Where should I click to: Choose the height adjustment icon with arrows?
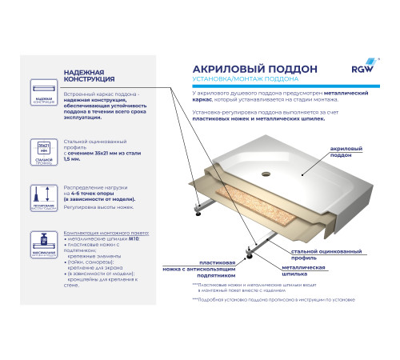[x=43, y=196]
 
